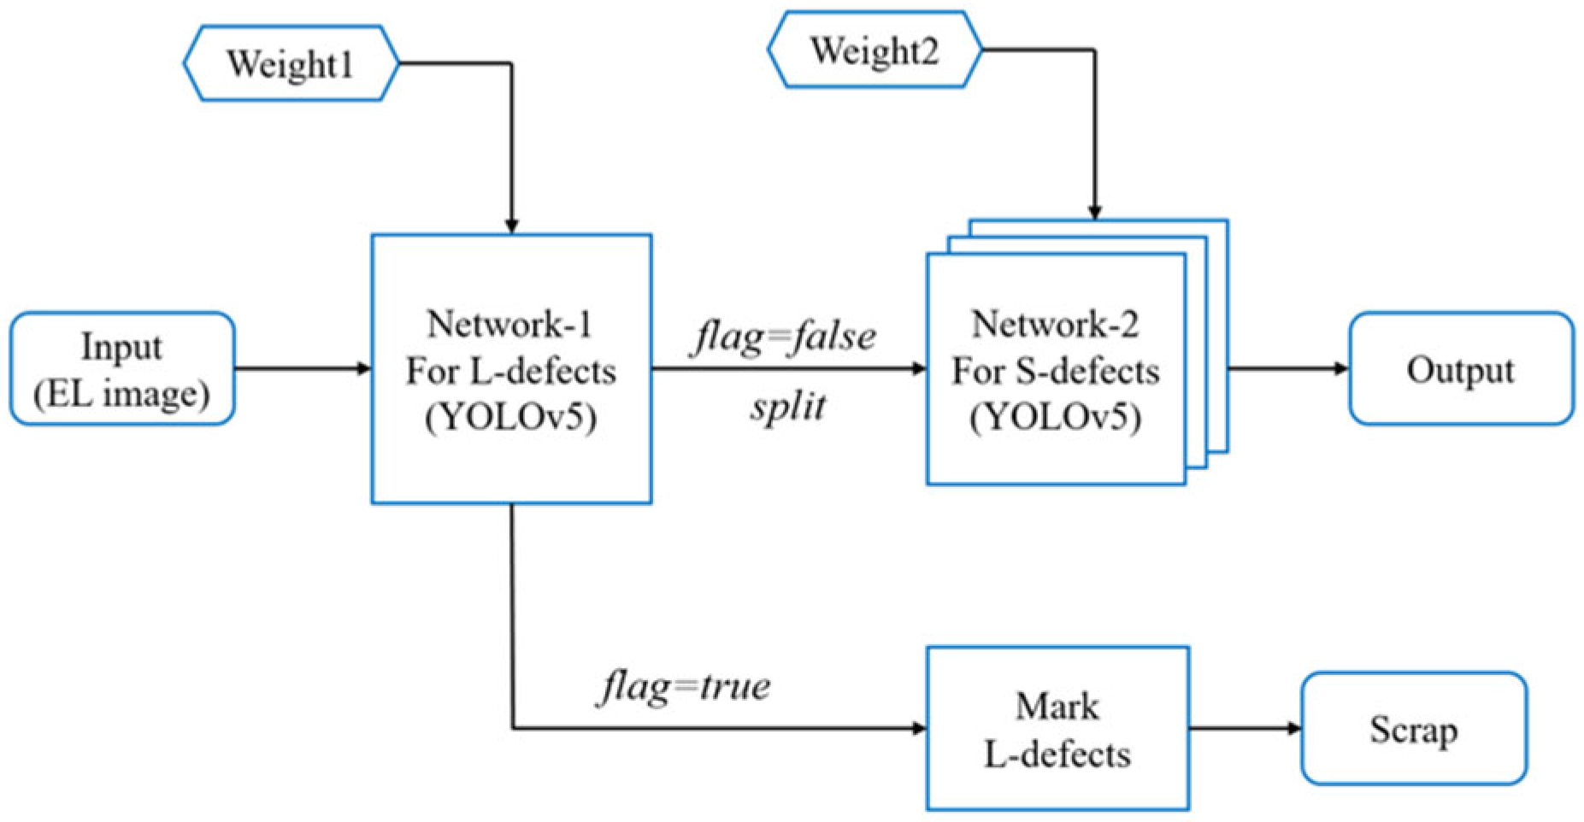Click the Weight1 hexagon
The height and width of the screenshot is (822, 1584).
[x=291, y=64]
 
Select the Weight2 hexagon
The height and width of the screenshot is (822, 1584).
[x=874, y=50]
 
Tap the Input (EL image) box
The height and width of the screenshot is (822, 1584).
[x=122, y=369]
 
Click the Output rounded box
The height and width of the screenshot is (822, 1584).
[x=1460, y=369]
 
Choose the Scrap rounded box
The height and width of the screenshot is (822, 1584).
[x=1413, y=729]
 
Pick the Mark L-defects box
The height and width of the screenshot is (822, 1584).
[x=1057, y=729]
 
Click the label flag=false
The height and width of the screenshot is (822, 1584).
[x=784, y=337]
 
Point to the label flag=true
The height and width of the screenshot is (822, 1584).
[x=684, y=686]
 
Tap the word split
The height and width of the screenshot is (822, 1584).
[x=788, y=406]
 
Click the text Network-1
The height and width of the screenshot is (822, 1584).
[x=510, y=325]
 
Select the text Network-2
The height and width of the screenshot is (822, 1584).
[x=1055, y=325]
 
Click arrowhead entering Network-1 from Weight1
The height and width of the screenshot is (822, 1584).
[x=511, y=226]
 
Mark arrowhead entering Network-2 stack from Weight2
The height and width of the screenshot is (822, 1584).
[x=1094, y=213]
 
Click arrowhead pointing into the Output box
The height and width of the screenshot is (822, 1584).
[x=1342, y=369]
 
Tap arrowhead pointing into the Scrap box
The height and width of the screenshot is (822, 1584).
[x=1294, y=729]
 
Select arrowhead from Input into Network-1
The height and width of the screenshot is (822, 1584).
[x=364, y=369]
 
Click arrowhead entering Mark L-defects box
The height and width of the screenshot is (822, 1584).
[x=920, y=729]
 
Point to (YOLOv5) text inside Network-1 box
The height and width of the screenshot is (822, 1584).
[x=510, y=419]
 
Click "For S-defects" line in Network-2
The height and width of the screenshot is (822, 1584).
[x=1055, y=372]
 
